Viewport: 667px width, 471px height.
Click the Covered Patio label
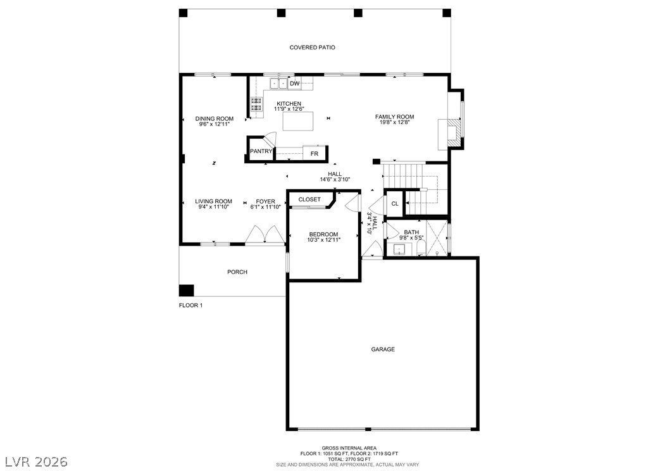point(312,47)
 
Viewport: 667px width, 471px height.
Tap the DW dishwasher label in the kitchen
point(295,84)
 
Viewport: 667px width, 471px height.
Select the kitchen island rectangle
point(298,121)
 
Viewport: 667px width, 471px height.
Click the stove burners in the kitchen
point(256,104)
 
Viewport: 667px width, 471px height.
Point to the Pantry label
point(261,151)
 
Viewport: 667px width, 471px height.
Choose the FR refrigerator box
point(315,154)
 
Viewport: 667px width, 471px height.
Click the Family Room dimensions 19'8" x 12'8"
point(394,123)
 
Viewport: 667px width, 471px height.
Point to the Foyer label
point(265,201)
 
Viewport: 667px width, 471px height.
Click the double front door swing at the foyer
point(265,235)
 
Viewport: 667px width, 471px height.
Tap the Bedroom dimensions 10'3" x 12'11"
point(324,240)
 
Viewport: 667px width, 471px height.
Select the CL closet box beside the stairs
point(395,204)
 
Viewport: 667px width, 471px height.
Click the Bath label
point(411,232)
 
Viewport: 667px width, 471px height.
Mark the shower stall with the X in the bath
point(437,239)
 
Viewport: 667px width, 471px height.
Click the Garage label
point(383,349)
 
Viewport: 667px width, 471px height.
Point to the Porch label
point(237,272)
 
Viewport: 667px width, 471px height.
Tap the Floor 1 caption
point(190,305)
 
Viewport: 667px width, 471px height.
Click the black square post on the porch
point(186,290)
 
